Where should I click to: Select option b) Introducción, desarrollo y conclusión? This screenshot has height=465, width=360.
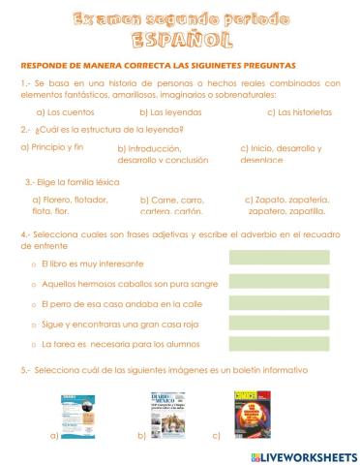point(155,154)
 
